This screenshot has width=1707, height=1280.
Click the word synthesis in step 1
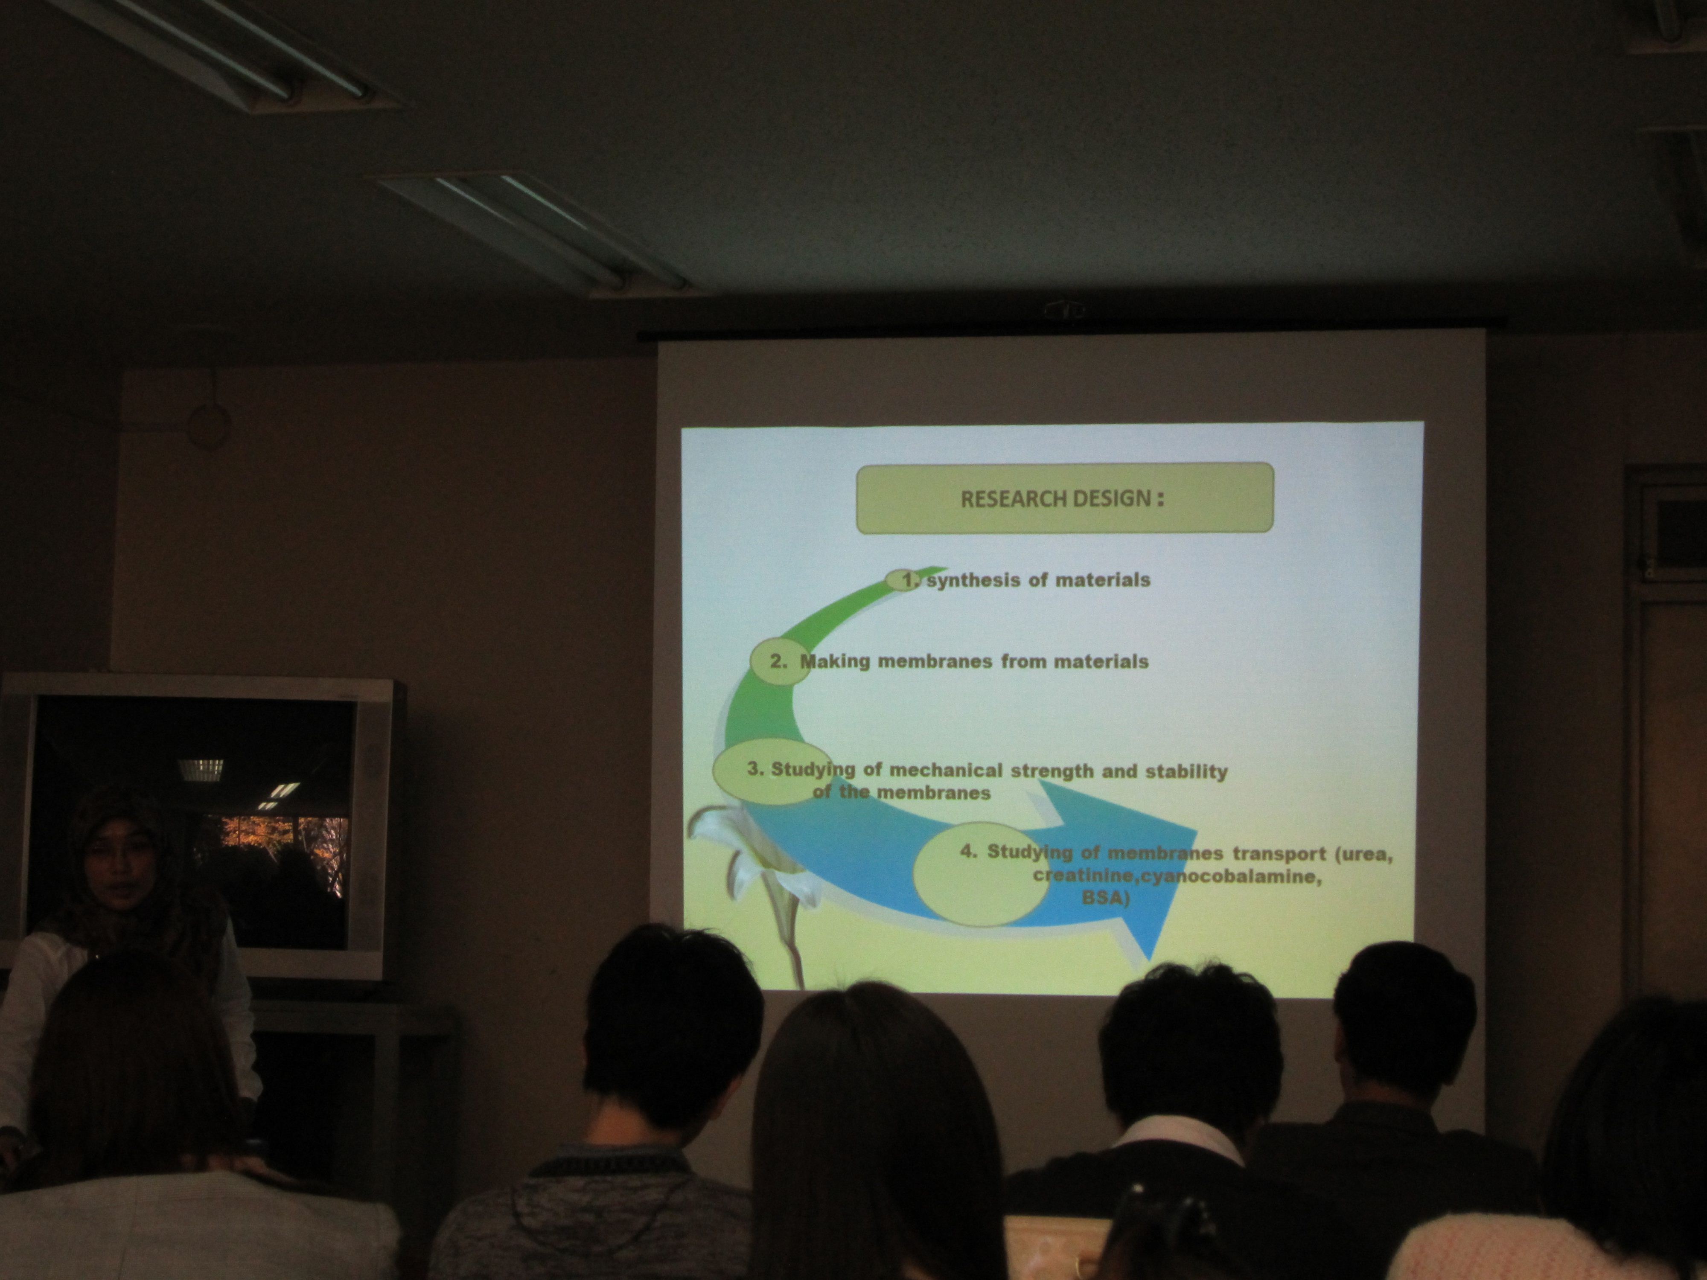975,580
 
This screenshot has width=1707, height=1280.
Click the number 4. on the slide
969,851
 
